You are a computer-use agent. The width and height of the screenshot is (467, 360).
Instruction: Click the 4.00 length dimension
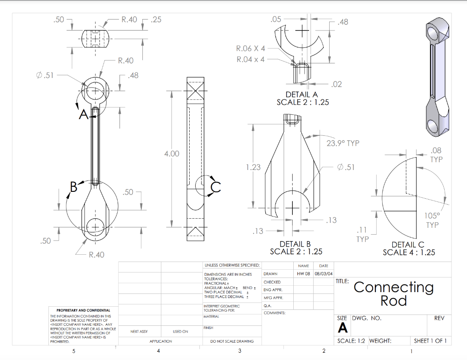[x=171, y=154]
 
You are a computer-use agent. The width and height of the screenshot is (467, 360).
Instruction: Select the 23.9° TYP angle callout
[x=343, y=143]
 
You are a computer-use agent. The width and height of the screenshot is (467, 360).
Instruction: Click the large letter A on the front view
[x=83, y=114]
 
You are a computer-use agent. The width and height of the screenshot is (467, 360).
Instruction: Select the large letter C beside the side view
[x=216, y=187]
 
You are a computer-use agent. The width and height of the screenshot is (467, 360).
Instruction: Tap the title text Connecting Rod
[x=393, y=293]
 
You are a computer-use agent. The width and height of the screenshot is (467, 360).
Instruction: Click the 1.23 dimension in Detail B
[x=253, y=167]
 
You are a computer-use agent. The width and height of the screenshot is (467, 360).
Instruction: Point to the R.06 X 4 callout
[x=250, y=48]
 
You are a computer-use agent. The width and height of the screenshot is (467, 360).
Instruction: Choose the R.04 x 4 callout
[x=250, y=59]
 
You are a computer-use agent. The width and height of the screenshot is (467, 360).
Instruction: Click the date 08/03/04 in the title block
[x=323, y=274]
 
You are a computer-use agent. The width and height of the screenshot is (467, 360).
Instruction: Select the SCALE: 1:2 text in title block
[x=351, y=340]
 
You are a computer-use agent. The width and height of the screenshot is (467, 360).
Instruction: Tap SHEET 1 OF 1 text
[x=430, y=340]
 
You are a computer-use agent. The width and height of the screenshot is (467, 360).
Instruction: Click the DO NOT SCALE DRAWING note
[x=232, y=341]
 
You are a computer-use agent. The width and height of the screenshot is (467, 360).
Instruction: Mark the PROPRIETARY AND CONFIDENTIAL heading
[x=80, y=310]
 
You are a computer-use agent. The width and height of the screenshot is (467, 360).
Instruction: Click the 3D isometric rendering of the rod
[x=437, y=77]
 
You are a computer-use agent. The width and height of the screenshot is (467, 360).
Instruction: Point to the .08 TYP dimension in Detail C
[x=436, y=154]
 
